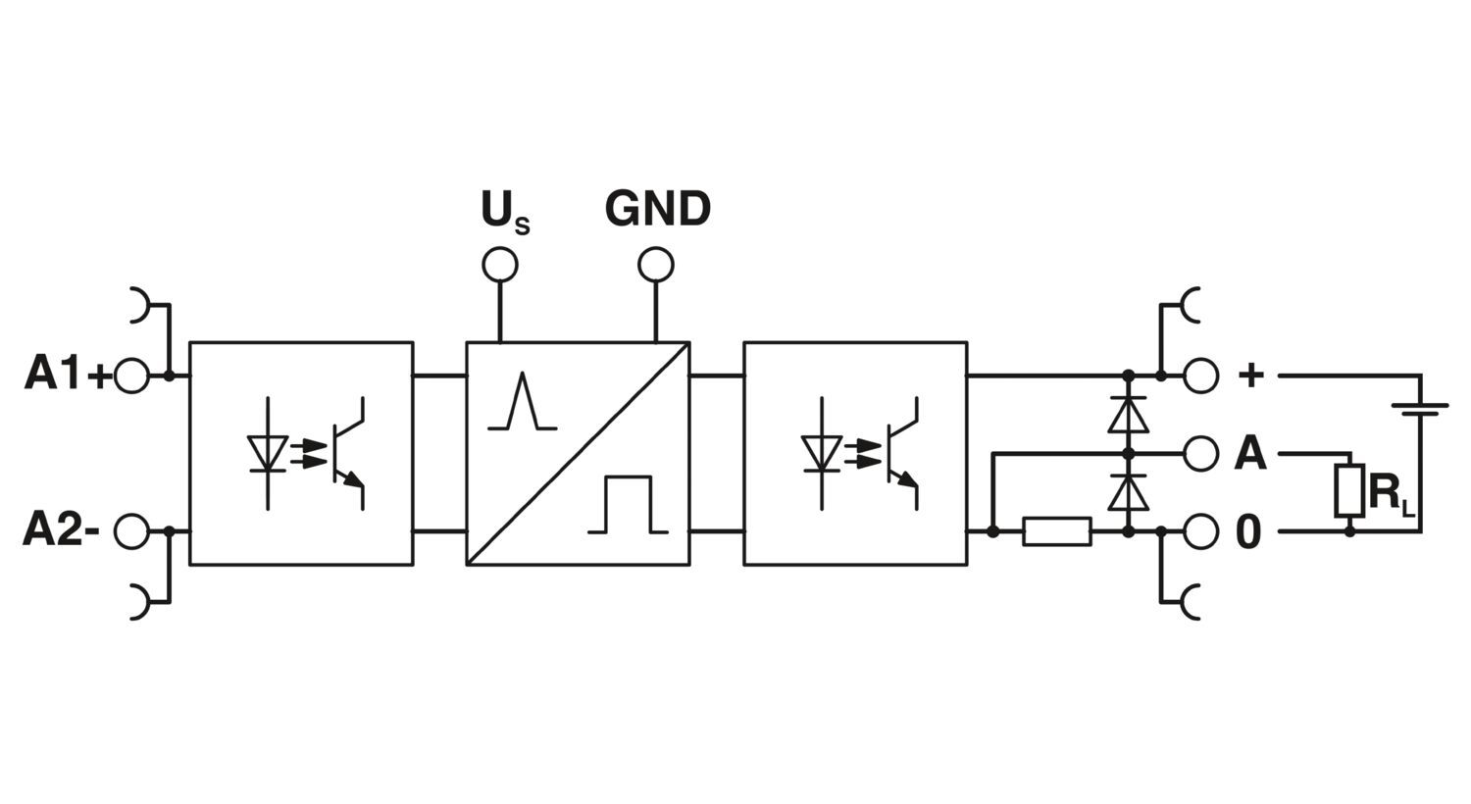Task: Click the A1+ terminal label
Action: pos(67,376)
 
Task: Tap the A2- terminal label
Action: pos(61,531)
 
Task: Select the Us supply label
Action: pos(503,211)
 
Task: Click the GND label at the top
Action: pos(657,209)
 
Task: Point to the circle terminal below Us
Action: pos(500,265)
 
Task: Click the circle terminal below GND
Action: pos(656,265)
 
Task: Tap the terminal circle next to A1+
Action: pos(131,376)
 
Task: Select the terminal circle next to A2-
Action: pos(131,531)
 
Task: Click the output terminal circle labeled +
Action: pos(1201,376)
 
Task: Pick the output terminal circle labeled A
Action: pos(1201,453)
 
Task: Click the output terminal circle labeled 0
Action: pos(1201,531)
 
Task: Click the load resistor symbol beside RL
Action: pos(1349,491)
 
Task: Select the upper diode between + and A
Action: pos(1128,414)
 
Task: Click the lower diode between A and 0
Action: pos(1128,492)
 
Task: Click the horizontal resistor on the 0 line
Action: pos(1056,531)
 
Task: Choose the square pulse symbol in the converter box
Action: pos(628,505)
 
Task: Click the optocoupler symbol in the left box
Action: pos(304,453)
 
